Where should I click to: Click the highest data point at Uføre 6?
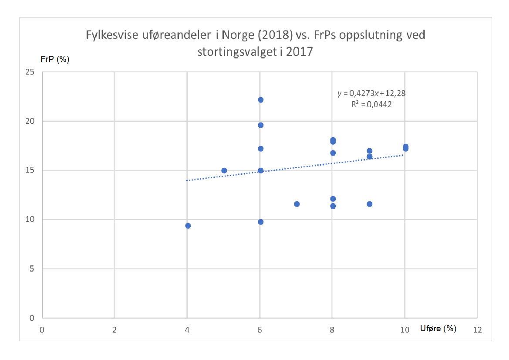(260, 100)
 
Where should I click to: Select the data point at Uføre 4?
(188, 226)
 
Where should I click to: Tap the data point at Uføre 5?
(224, 170)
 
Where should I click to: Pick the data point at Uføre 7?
(297, 204)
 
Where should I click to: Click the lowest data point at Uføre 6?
(260, 222)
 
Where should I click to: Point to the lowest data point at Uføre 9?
(370, 204)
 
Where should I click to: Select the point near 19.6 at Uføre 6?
(260, 125)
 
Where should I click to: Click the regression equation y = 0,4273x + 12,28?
(372, 93)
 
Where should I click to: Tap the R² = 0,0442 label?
(372, 104)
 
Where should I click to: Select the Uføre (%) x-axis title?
(438, 329)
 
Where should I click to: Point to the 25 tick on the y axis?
(30, 72)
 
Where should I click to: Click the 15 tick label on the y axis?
(30, 170)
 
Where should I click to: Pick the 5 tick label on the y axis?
(32, 269)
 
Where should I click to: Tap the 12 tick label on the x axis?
(477, 330)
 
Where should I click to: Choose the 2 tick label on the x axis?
(115, 330)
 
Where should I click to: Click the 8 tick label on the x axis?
(332, 330)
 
